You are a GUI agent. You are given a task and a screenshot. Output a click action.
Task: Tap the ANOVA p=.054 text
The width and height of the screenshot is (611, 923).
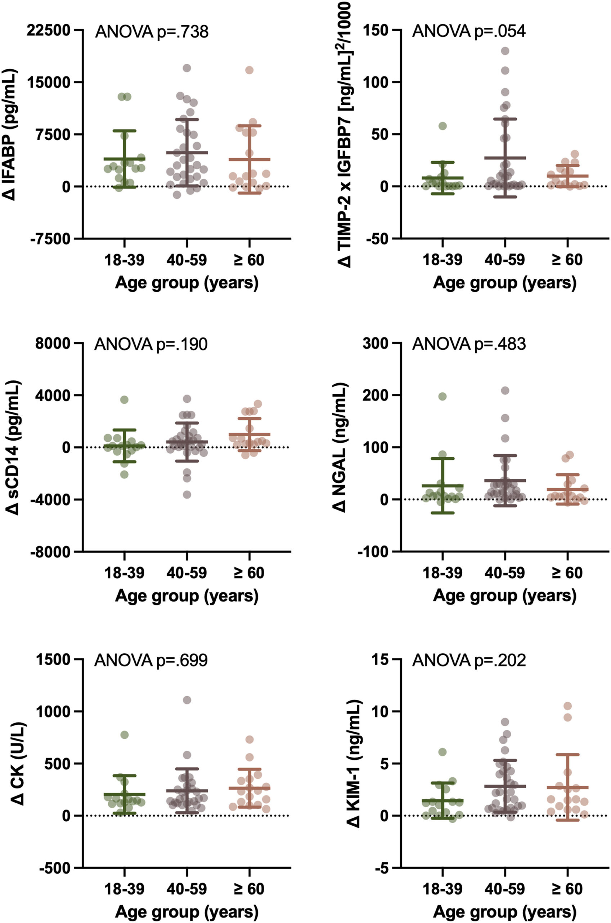[x=469, y=32]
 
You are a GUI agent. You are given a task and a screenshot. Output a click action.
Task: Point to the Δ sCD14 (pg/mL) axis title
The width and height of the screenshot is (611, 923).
[x=13, y=447]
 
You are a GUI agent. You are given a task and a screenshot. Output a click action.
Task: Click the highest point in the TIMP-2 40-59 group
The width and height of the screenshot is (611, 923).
[x=505, y=51]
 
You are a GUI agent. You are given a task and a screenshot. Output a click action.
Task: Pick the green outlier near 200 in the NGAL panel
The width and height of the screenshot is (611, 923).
[x=442, y=396]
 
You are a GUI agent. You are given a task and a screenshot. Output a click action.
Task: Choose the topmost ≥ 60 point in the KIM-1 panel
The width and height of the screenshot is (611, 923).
[x=568, y=717]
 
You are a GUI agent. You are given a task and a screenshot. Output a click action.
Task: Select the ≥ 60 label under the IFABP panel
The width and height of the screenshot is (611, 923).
[x=250, y=260]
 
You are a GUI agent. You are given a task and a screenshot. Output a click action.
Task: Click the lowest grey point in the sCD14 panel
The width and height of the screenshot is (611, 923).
[x=187, y=495]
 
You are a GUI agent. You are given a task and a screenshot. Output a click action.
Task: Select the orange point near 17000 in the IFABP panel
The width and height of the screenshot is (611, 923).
[x=250, y=70]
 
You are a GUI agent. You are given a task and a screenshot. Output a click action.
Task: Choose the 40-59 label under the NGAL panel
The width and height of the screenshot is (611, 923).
[x=505, y=573]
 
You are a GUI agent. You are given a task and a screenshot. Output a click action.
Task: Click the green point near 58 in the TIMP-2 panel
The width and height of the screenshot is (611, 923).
[x=442, y=126]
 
